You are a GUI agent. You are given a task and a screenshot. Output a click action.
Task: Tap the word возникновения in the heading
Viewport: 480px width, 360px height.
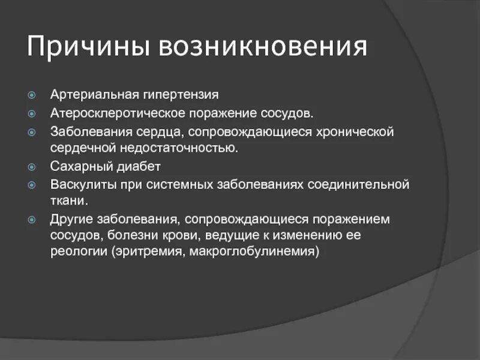[262, 46]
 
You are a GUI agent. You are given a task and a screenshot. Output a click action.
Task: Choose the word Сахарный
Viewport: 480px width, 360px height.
[77, 166]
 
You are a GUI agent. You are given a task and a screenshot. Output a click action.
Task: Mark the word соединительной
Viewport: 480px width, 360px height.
[359, 184]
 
